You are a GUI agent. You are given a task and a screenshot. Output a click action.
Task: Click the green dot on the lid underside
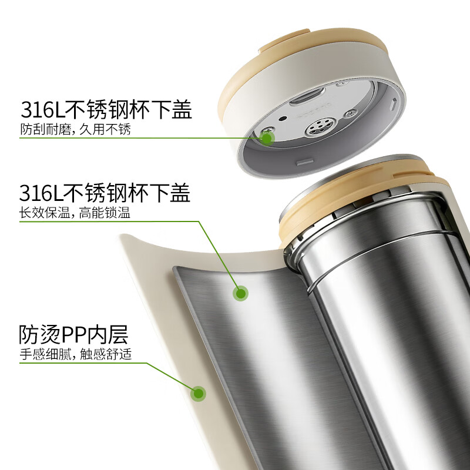click(268, 138)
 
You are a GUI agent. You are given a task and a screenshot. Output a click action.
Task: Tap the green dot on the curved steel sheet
click(240, 293)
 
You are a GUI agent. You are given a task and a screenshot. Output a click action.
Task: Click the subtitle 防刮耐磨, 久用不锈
click(75, 129)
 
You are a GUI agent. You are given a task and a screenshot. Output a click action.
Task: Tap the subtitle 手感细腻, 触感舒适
click(75, 354)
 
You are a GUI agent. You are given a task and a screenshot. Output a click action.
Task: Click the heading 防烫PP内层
click(73, 335)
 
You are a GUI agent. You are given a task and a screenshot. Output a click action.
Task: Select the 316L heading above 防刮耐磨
click(106, 110)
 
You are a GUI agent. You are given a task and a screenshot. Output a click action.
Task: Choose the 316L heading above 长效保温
click(105, 193)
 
